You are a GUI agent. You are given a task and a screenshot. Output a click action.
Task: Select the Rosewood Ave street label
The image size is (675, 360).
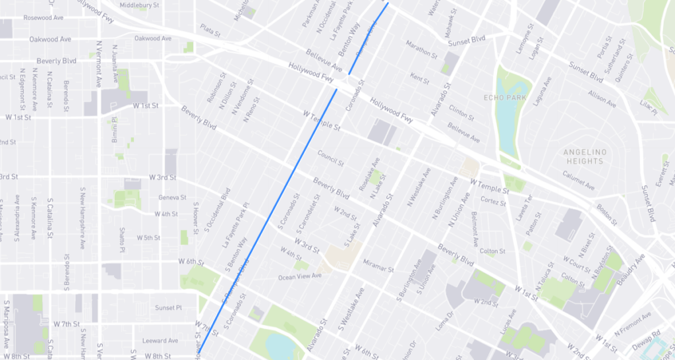24,18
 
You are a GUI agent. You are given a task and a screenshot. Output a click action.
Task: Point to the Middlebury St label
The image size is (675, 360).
139,5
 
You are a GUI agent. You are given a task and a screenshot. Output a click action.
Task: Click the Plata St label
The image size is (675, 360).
210,30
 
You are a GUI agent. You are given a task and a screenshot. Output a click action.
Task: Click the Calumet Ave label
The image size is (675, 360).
578,177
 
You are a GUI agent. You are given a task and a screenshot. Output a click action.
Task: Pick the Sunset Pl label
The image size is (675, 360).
167,308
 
